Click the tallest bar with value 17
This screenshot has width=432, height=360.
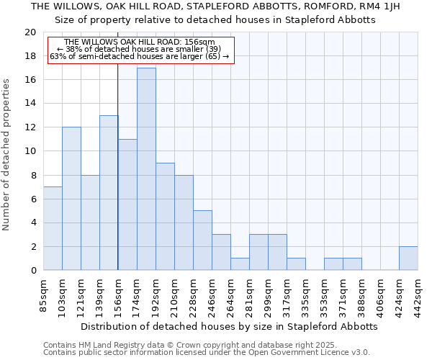[x=146, y=168]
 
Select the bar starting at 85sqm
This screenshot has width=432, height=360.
[x=53, y=228]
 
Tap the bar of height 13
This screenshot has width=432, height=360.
[x=109, y=192]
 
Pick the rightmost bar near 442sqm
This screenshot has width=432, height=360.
[x=408, y=258]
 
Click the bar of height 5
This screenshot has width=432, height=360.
[x=202, y=240]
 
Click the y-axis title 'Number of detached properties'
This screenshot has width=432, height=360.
[x=7, y=155]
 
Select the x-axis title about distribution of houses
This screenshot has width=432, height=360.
[x=229, y=326]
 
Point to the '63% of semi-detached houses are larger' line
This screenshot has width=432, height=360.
[x=140, y=56]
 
